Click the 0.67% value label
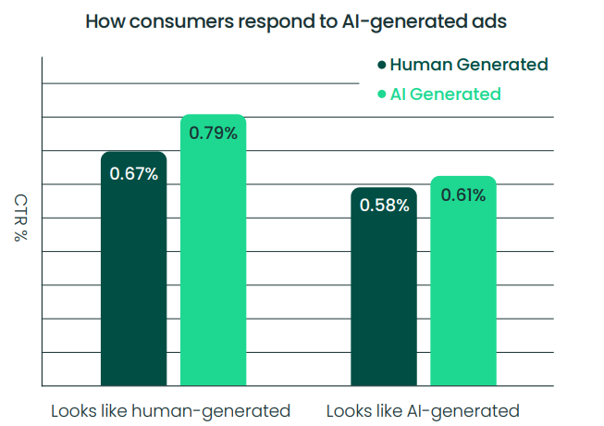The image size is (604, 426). (133, 173)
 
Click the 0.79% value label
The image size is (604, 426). (213, 132)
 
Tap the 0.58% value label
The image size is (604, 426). (384, 206)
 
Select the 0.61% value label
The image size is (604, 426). (462, 194)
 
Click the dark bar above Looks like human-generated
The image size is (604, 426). (133, 278)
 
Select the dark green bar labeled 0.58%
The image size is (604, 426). (384, 296)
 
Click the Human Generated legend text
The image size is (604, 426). (469, 65)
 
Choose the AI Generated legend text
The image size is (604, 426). (446, 94)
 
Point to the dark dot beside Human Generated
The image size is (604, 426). (382, 66)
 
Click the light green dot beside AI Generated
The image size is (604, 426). (382, 94)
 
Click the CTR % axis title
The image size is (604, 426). (19, 219)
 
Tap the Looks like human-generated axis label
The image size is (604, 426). (171, 410)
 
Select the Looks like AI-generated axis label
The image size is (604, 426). (423, 410)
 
